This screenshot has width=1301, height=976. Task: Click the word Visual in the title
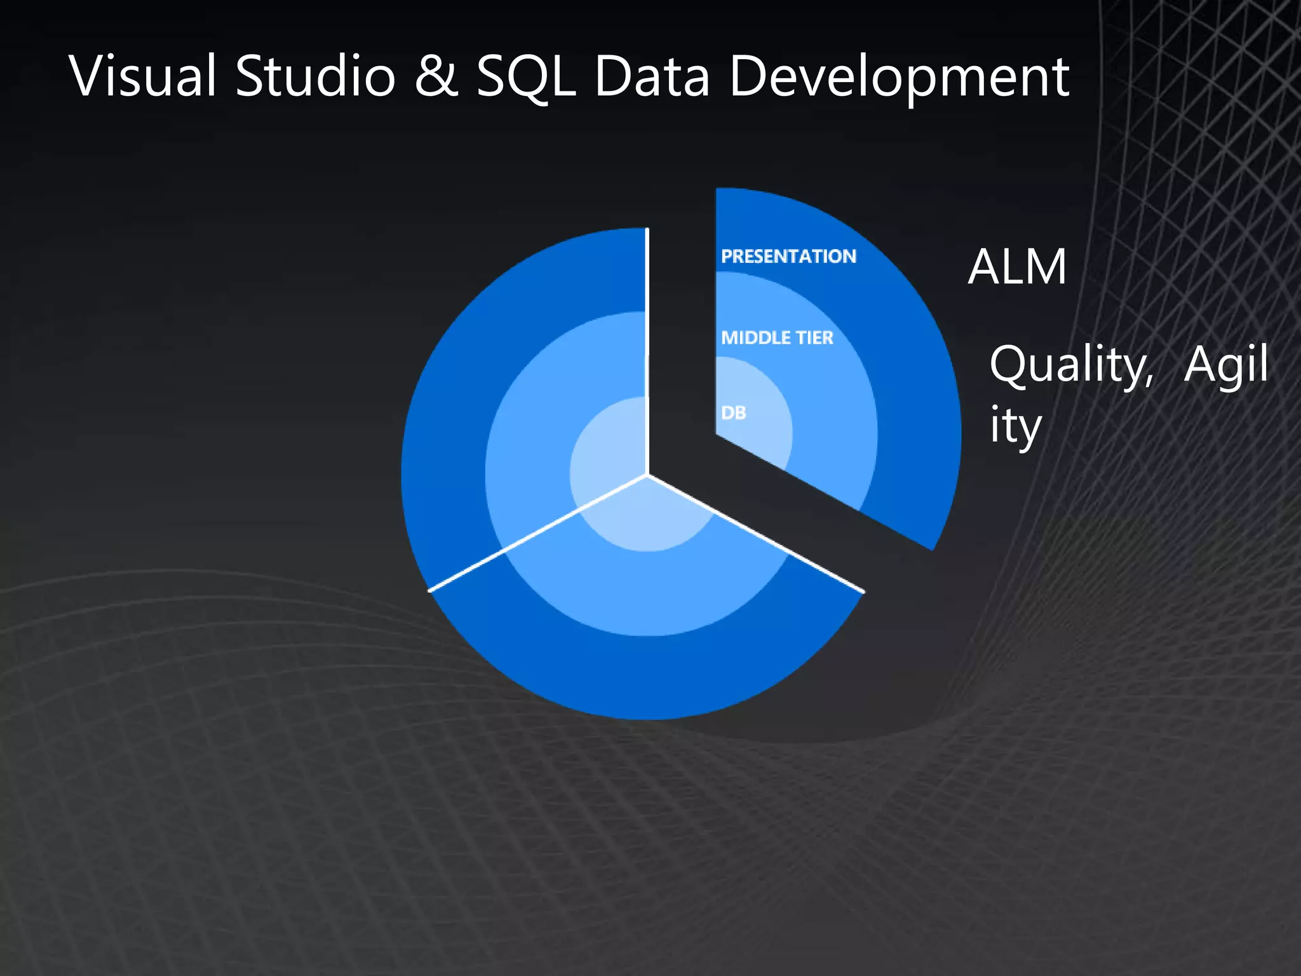143,77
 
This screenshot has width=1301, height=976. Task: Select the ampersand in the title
436,77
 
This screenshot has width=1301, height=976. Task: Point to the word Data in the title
652,77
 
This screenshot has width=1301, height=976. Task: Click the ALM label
1017,267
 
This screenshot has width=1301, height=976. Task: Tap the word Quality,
1071,366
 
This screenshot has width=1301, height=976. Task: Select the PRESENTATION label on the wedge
788,256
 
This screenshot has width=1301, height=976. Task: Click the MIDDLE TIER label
777,337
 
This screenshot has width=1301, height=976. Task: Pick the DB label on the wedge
733,413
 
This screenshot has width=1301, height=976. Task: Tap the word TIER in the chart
814,337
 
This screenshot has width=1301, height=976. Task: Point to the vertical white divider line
647,349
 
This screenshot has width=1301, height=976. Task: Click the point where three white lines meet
647,474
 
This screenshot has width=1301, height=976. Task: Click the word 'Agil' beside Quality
1225,365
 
